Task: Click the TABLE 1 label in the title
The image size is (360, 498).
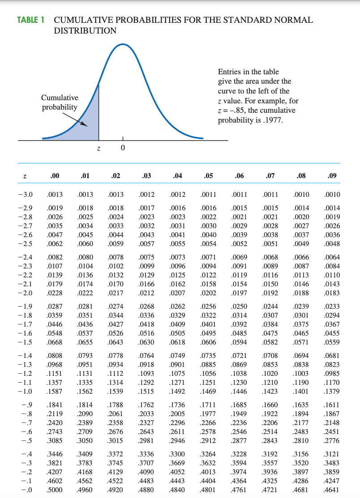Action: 33,20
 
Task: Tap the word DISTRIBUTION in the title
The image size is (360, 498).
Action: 85,31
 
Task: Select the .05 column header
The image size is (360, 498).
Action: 208,176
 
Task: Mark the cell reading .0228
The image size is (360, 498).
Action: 54,293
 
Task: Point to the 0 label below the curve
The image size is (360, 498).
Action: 123,149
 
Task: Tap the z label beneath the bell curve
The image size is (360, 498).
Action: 99,149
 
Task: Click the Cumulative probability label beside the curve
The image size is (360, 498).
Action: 60,102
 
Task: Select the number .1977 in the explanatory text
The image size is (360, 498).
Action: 274,120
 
